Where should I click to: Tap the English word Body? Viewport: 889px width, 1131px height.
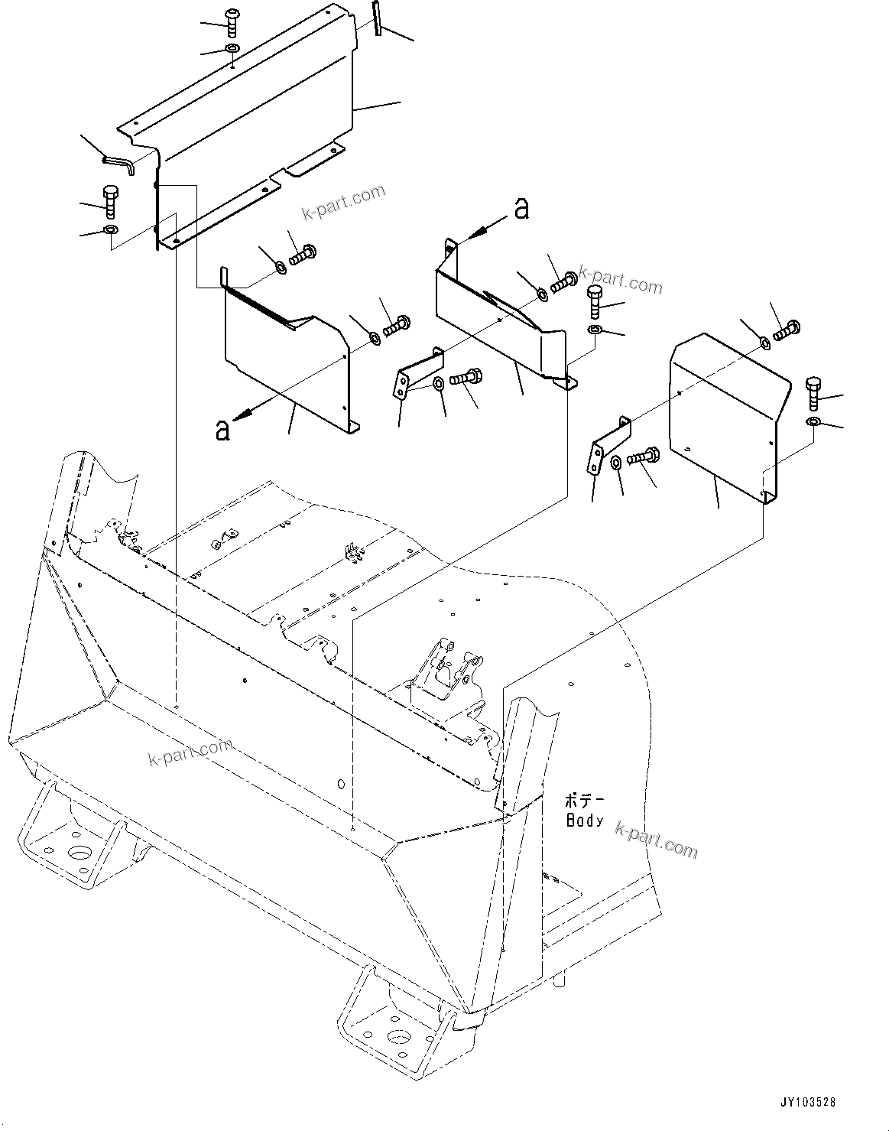pos(586,821)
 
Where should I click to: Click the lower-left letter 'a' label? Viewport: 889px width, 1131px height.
pos(222,431)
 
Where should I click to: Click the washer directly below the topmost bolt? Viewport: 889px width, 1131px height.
pos(232,50)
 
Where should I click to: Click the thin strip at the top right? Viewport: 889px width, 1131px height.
pos(377,18)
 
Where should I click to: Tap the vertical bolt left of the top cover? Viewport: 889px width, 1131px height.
pos(109,201)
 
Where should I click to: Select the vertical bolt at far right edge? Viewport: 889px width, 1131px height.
pos(813,393)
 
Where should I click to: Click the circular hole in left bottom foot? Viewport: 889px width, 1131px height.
pos(79,853)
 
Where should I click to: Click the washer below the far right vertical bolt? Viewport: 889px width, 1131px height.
pos(813,422)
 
